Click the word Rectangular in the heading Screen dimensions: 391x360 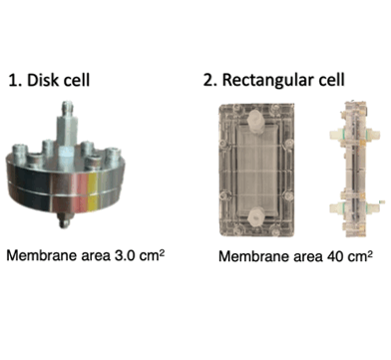tap(267, 81)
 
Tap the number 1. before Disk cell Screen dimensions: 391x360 tap(15, 81)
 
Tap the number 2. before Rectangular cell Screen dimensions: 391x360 tap(210, 80)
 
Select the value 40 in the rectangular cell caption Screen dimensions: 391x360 tap(334, 256)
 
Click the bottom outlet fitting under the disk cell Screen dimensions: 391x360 tap(64, 220)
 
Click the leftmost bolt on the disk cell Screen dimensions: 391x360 tap(19, 154)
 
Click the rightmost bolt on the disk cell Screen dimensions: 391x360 tap(112, 156)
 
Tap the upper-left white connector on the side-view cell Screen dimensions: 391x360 tap(336, 135)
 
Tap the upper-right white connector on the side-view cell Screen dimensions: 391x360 tap(373, 135)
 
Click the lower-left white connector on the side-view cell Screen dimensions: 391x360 tap(336, 208)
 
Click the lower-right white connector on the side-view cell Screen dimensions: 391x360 tap(373, 208)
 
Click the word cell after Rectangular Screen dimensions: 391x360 tap(331, 80)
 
